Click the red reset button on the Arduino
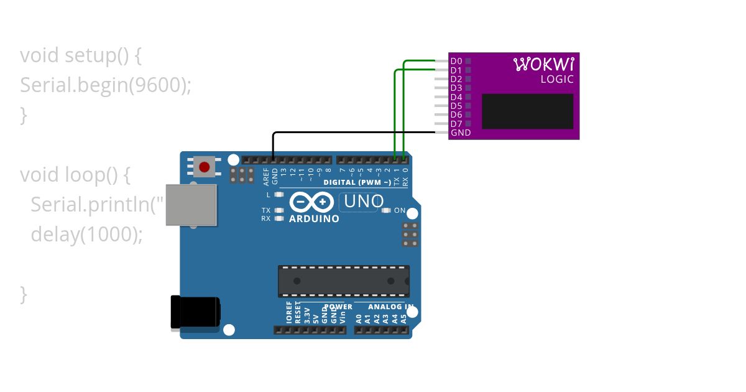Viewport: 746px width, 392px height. [x=204, y=167]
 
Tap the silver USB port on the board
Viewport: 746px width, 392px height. [x=191, y=205]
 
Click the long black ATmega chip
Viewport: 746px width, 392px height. [x=344, y=281]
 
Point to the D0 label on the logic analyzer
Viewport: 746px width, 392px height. [x=456, y=61]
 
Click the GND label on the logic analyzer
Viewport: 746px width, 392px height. [x=461, y=133]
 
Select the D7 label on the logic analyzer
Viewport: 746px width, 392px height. [x=456, y=124]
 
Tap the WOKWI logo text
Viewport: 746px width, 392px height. [x=544, y=63]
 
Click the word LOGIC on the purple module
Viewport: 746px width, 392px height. [x=557, y=79]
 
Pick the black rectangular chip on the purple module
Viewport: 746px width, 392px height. [x=527, y=111]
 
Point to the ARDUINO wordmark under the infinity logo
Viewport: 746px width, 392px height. [x=314, y=219]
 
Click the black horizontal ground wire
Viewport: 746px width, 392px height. [x=354, y=132]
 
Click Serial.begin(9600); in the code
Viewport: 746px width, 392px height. [x=106, y=85]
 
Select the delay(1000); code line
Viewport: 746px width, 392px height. [x=86, y=235]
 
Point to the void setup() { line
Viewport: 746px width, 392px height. [x=81, y=55]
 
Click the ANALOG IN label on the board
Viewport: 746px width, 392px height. [x=390, y=307]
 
